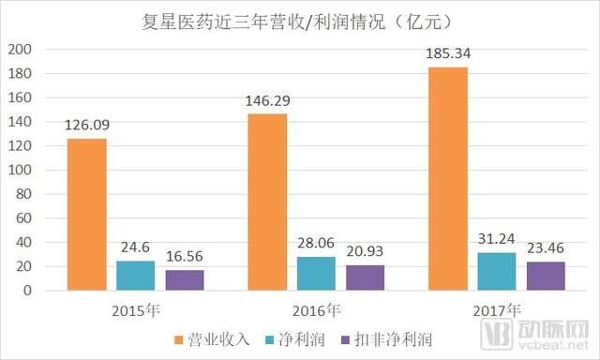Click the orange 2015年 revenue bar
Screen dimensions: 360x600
click(x=86, y=215)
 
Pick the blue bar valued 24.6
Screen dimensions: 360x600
click(x=136, y=276)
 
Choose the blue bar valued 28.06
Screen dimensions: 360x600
click(x=316, y=274)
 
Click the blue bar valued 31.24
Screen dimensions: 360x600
click(x=496, y=272)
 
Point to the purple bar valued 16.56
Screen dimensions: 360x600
click(x=185, y=280)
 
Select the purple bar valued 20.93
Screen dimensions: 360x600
click(x=365, y=278)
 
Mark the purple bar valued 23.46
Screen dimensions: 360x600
click(x=545, y=277)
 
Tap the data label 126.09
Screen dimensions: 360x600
click(x=86, y=126)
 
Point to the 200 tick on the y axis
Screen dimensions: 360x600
click(x=20, y=49)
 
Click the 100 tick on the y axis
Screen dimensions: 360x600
click(x=20, y=170)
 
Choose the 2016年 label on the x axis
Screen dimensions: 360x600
click(x=315, y=311)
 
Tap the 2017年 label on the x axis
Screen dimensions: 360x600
click(x=495, y=311)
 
